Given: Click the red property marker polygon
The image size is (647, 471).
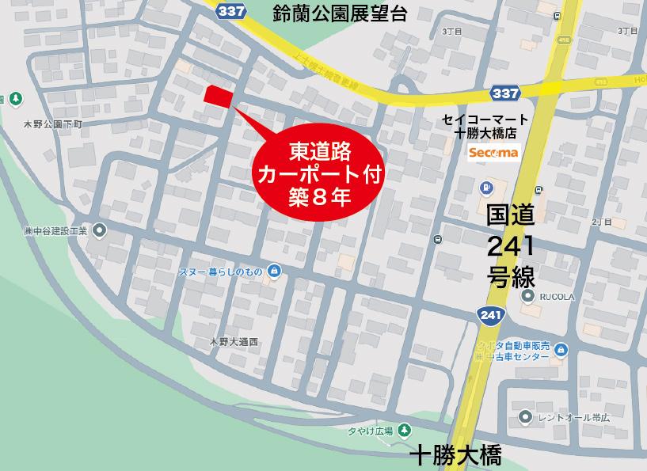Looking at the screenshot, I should coord(218,95).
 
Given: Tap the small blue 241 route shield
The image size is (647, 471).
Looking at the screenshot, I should coord(490,315).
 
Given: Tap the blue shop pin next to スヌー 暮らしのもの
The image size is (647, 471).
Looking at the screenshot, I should coord(274,271).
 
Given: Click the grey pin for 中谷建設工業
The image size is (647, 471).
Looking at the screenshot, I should coord(100,230).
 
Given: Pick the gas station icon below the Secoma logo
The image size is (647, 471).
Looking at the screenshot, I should coord(485,188).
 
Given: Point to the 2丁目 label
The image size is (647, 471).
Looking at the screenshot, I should coord(600,222).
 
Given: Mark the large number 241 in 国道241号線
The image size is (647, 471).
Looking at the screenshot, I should coord(510,247).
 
